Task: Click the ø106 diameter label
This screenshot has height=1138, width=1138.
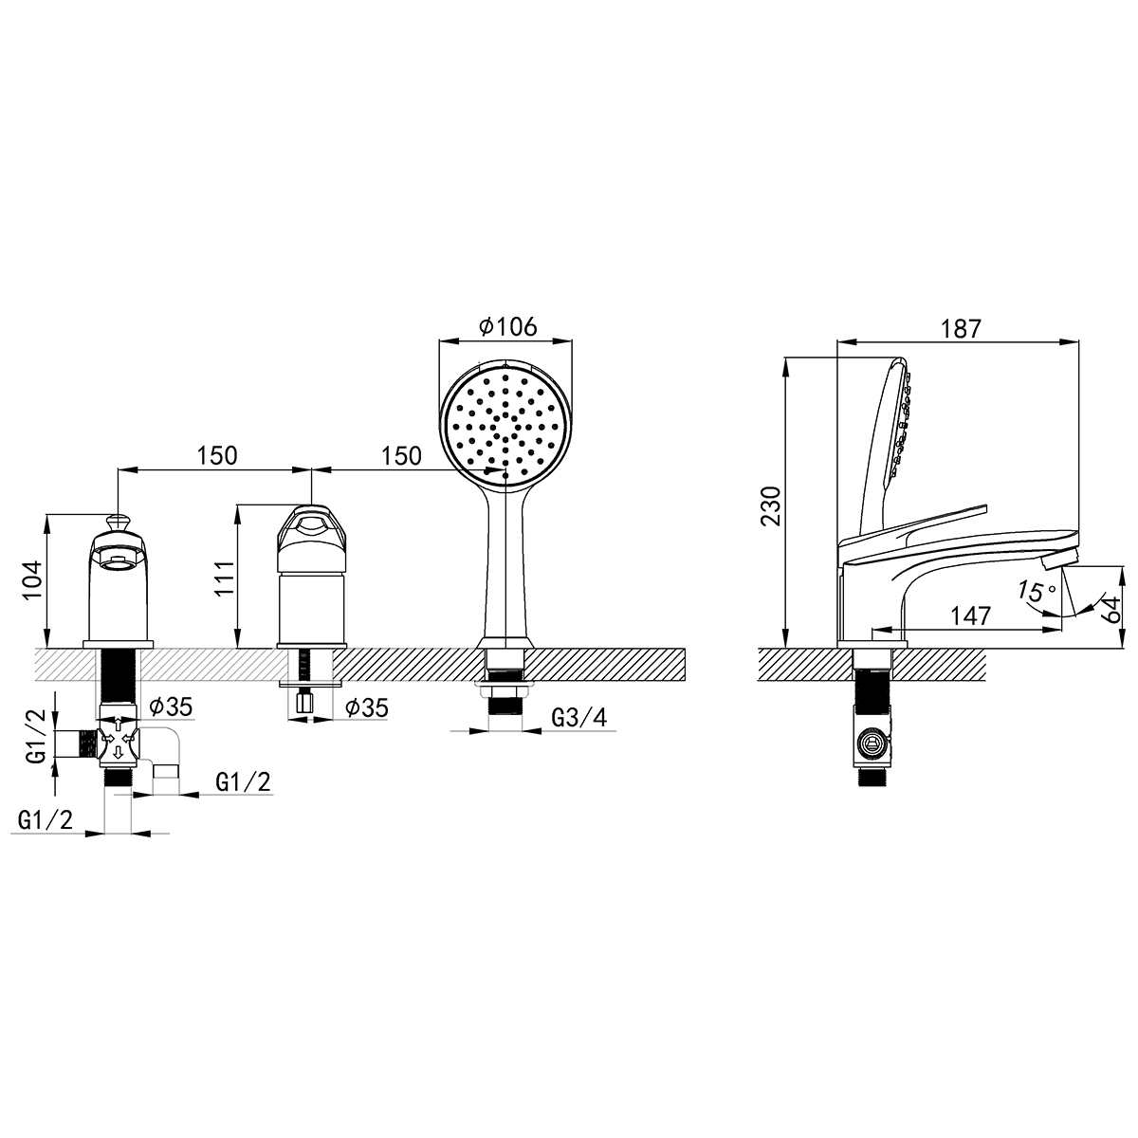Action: tap(508, 326)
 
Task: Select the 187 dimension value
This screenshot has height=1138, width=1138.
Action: tap(961, 329)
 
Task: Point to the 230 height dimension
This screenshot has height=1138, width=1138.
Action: tap(771, 505)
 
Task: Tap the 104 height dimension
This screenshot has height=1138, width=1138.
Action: tap(33, 580)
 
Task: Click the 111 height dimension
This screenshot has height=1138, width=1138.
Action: tap(225, 578)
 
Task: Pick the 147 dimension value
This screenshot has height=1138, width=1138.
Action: tap(970, 616)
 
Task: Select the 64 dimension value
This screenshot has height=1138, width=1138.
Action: tap(1112, 609)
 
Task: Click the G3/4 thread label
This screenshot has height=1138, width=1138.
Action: tap(578, 718)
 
